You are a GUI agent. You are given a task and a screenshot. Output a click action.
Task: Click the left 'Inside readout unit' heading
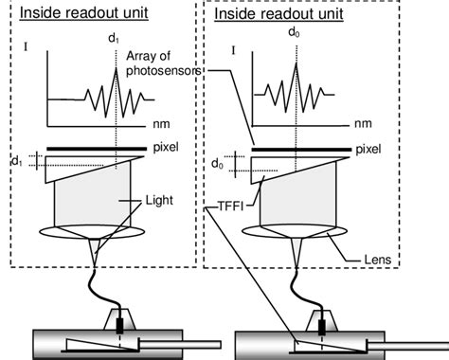74,13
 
